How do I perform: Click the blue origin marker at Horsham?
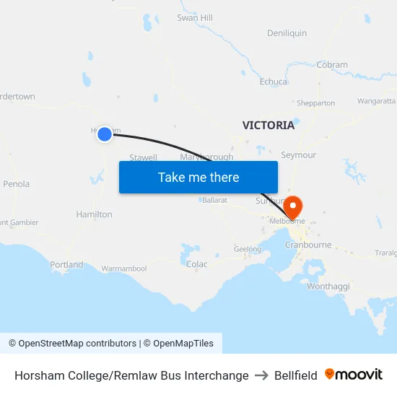pyautogui.click(x=105, y=134)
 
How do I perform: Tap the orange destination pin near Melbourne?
pyautogui.click(x=294, y=206)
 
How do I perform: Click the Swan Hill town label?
pyautogui.click(x=195, y=17)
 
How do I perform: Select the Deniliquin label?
pyautogui.click(x=287, y=33)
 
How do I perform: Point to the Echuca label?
pyautogui.click(x=274, y=82)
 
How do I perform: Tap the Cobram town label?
pyautogui.click(x=332, y=64)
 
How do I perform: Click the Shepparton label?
pyautogui.click(x=315, y=103)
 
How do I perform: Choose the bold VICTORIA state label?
pyautogui.click(x=269, y=125)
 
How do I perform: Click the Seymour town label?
pyautogui.click(x=298, y=155)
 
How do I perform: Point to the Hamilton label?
pyautogui.click(x=94, y=214)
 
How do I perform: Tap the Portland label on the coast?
pyautogui.click(x=66, y=265)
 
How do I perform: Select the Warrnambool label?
pyautogui.click(x=124, y=269)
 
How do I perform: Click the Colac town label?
pyautogui.click(x=196, y=264)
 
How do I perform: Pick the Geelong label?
pyautogui.click(x=248, y=249)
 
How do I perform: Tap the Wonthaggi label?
pyautogui.click(x=328, y=287)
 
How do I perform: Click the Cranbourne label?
pyautogui.click(x=308, y=245)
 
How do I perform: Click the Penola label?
pyautogui.click(x=16, y=184)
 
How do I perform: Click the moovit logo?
pyautogui.click(x=354, y=375)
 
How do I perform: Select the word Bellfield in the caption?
pyautogui.click(x=295, y=375)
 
